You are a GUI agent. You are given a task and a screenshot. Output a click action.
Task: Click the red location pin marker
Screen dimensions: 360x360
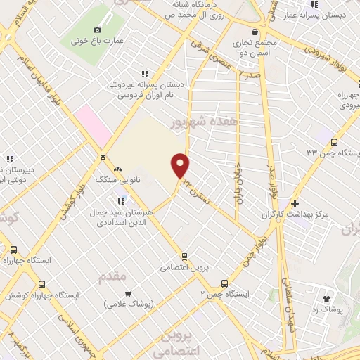[x=181, y=165]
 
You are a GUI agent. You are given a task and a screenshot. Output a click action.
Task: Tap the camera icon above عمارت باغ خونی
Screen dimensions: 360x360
[x=97, y=30]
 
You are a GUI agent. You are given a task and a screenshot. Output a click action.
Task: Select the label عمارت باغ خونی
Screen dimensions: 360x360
[x=97, y=41]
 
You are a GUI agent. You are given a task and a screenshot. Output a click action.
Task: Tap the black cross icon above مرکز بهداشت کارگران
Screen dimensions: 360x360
[x=295, y=203]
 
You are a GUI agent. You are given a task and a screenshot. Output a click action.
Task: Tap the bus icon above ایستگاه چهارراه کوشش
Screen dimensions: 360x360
[x=42, y=285]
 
